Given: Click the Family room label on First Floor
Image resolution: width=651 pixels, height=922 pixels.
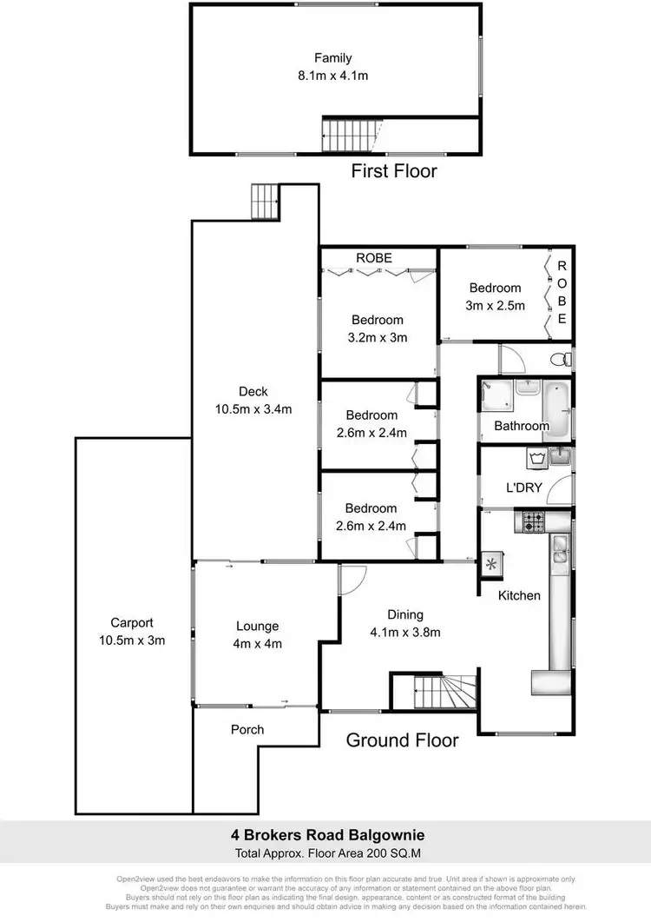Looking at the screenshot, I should [333, 58].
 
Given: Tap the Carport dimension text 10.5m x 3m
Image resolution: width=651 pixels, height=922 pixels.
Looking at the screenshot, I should [132, 640].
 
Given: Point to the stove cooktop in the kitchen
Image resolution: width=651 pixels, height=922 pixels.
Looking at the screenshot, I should [531, 522].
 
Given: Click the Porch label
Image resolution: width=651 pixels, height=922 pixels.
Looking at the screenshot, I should [247, 729].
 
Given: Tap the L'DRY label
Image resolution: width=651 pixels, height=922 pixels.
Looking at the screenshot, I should [523, 488].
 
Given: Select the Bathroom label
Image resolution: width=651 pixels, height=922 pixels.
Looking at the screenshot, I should [522, 426].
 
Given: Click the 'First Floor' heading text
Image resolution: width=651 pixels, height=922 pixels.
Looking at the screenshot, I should [393, 171].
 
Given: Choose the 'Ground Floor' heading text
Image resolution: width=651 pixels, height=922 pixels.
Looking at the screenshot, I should [402, 740].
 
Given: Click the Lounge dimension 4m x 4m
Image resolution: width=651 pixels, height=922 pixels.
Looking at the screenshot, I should [258, 644].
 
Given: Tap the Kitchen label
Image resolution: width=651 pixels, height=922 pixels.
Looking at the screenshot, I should [519, 595].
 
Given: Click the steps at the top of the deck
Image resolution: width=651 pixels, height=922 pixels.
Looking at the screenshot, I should [263, 201].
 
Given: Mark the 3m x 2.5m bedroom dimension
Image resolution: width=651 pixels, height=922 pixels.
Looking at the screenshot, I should [496, 306].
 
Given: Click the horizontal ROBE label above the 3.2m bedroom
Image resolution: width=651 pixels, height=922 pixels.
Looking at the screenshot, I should [374, 258].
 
